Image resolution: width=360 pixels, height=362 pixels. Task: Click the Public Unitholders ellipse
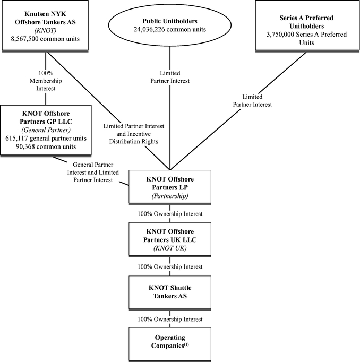point(170,25)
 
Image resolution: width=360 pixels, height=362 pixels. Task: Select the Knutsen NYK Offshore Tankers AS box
point(45,25)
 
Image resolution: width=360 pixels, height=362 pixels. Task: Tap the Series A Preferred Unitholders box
point(307,25)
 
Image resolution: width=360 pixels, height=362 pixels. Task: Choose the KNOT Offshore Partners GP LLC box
point(46,131)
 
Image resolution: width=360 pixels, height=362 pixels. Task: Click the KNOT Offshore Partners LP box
point(170,187)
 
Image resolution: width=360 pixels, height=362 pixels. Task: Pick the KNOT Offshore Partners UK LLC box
point(170,239)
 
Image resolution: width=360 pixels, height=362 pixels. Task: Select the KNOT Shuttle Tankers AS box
point(170,292)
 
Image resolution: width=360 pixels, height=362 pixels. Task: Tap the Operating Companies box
point(170,344)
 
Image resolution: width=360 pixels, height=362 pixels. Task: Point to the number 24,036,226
point(149,30)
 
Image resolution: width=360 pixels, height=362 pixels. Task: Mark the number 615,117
point(16,139)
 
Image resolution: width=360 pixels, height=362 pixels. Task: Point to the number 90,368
point(24,147)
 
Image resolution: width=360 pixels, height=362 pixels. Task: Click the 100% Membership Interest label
point(46,81)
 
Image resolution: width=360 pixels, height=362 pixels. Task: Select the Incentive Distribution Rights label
point(134,137)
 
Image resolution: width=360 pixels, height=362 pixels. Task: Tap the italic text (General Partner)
point(46,130)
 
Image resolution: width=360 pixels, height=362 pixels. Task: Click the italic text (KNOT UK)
point(170,248)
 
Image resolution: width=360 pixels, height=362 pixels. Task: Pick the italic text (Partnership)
point(170,196)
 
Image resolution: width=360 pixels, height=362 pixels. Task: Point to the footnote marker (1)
point(186,344)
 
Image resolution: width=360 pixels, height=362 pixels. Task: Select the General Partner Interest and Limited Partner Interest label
point(93,172)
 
